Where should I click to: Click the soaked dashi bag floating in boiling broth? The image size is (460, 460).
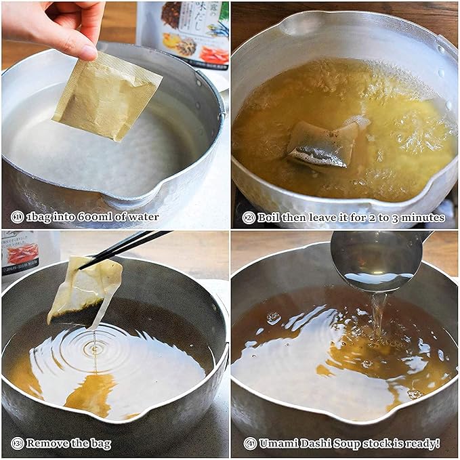(x=322, y=145)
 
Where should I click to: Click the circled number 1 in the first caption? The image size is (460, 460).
(x=17, y=217)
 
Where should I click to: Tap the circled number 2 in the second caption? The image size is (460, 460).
(x=249, y=217)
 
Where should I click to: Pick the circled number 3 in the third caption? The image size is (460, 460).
(x=17, y=444)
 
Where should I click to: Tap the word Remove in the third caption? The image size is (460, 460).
(x=47, y=444)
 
